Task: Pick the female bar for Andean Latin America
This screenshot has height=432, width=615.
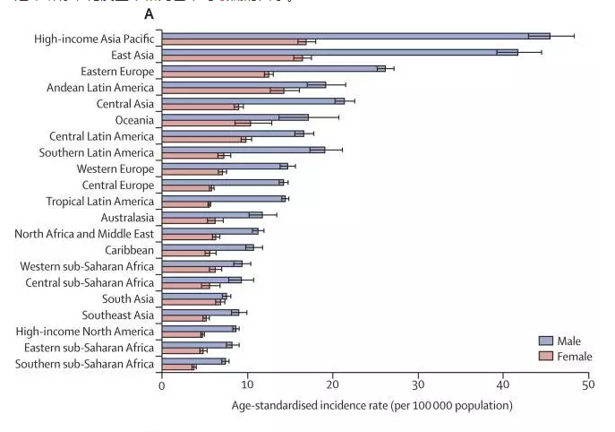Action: coord(219,91)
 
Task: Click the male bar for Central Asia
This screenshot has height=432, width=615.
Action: coord(251,100)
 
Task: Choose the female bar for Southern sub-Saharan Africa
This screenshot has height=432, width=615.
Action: coord(176,367)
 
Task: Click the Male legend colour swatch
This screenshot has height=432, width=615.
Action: coord(545,341)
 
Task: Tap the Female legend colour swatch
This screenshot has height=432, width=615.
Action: coord(545,356)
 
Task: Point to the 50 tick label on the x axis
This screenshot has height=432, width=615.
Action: coord(588,385)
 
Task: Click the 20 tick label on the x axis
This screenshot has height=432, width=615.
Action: coord(332,385)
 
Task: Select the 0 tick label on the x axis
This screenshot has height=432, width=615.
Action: coord(162,385)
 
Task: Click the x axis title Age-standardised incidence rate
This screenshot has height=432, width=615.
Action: coord(372,406)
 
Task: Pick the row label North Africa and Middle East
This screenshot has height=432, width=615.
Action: coord(85,234)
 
